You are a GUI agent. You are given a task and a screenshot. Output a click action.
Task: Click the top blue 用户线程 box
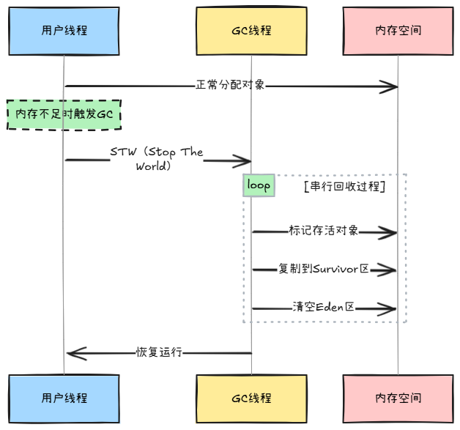point(64,31)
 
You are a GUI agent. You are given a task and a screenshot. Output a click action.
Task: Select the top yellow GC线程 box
point(251,31)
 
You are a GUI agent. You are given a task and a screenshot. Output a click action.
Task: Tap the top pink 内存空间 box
point(398,31)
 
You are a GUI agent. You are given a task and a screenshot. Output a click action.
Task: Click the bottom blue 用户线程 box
point(64,398)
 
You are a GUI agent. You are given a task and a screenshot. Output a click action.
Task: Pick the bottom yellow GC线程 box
point(251,398)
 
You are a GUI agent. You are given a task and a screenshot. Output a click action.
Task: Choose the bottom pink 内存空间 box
point(398,398)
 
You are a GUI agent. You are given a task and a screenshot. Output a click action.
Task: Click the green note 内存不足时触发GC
point(64,115)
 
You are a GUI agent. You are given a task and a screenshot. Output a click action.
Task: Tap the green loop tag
point(259,185)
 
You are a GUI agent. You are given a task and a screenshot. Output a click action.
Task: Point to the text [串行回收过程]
point(344,187)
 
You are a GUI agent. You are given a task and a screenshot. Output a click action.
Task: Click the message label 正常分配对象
point(230,85)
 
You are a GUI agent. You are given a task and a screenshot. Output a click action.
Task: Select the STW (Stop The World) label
point(156,159)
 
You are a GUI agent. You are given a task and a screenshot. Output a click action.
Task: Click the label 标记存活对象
point(324,231)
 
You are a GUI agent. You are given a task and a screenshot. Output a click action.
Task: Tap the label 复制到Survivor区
point(323,269)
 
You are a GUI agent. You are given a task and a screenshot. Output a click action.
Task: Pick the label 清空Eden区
point(323,307)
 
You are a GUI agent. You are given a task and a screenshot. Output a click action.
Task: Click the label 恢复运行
point(159,352)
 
